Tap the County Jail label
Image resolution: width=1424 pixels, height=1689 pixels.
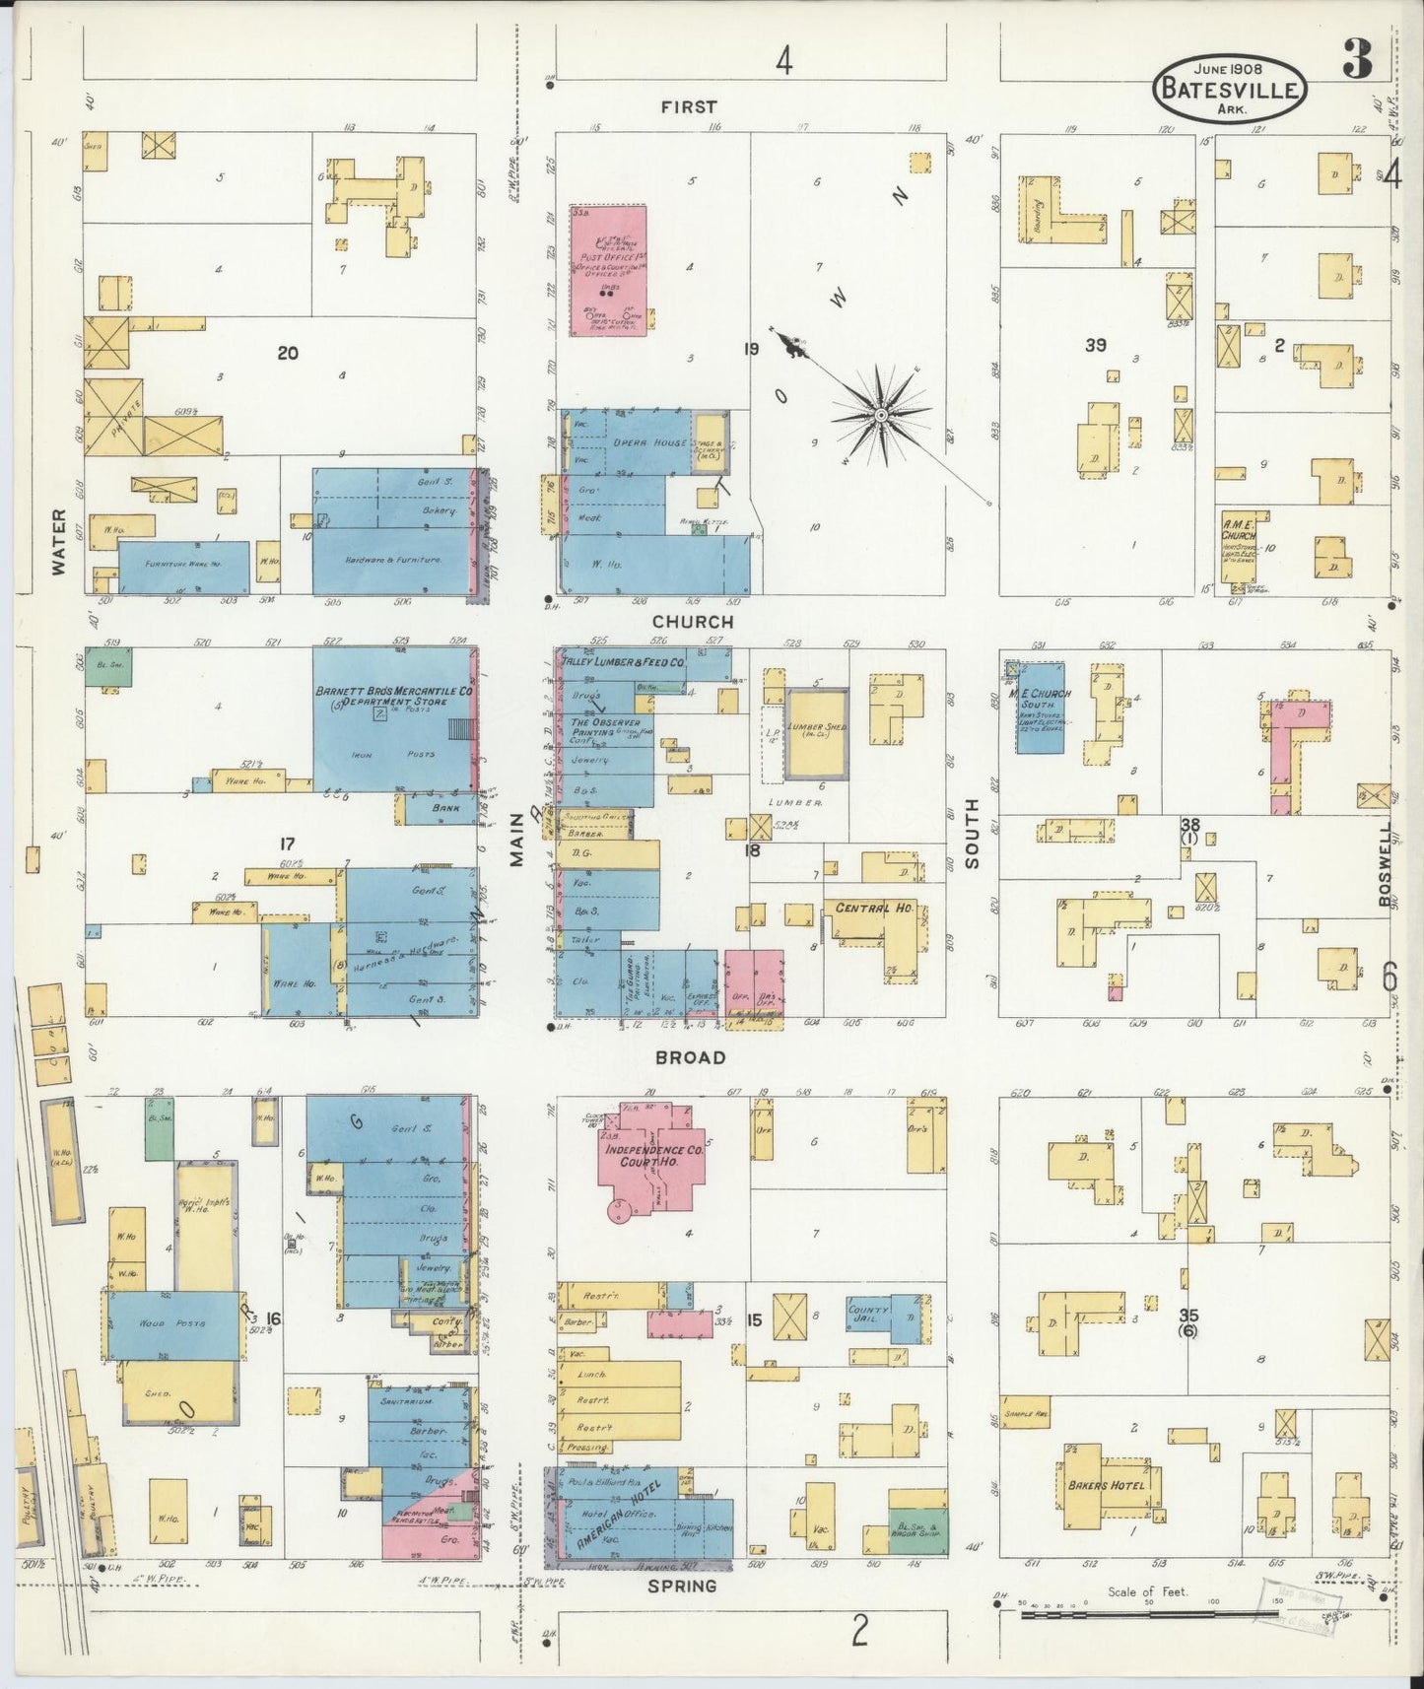click(x=868, y=1315)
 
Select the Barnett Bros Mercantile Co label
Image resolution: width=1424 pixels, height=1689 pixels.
click(x=394, y=692)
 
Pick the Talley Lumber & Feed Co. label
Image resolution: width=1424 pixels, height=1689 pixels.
click(x=624, y=663)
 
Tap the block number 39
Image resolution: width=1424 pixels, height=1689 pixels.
click(x=1096, y=345)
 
